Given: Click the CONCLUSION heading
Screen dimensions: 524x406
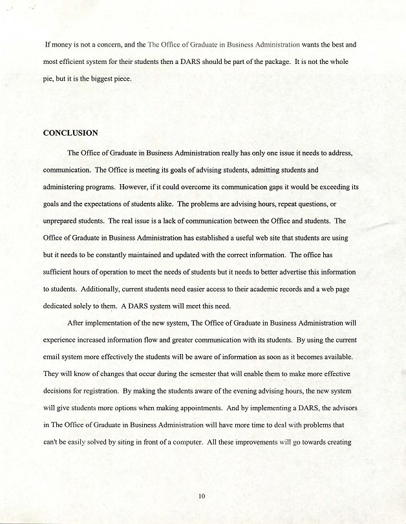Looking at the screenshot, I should pos(70,133).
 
